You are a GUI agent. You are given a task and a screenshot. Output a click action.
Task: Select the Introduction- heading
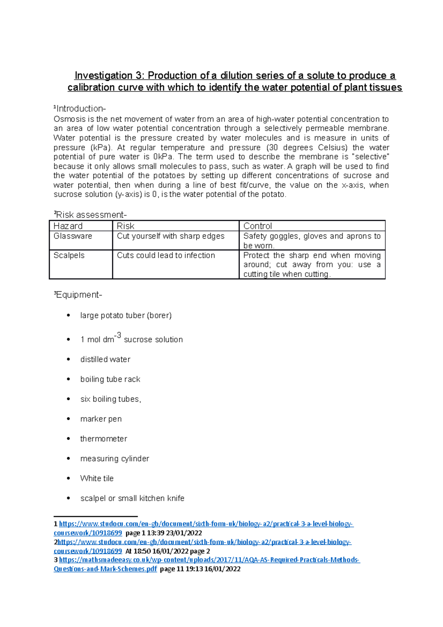[80, 109]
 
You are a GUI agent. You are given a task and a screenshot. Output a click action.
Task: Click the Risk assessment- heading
[90, 215]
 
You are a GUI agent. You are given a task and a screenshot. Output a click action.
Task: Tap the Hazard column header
[68, 226]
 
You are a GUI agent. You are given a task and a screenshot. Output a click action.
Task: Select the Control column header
[257, 226]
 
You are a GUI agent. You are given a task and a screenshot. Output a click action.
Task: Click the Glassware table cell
[73, 236]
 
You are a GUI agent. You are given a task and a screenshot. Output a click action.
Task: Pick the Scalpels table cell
[69, 256]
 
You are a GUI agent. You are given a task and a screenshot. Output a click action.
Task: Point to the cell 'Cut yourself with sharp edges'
[170, 236]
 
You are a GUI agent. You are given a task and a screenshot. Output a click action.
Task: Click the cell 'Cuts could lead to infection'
[166, 256]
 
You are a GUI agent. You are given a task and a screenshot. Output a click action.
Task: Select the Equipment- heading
[78, 295]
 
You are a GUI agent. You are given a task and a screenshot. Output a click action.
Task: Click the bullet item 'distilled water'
[105, 359]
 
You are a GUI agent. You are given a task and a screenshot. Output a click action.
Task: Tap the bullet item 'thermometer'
[103, 439]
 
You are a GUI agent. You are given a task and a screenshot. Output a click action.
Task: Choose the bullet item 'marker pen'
[101, 419]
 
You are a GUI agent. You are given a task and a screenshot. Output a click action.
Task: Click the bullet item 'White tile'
[97, 478]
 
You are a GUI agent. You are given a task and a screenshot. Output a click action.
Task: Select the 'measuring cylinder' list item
[114, 459]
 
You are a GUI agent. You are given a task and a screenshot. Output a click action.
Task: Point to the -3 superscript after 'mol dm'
[117, 335]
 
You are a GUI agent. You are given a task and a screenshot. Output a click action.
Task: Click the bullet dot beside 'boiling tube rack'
[68, 379]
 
